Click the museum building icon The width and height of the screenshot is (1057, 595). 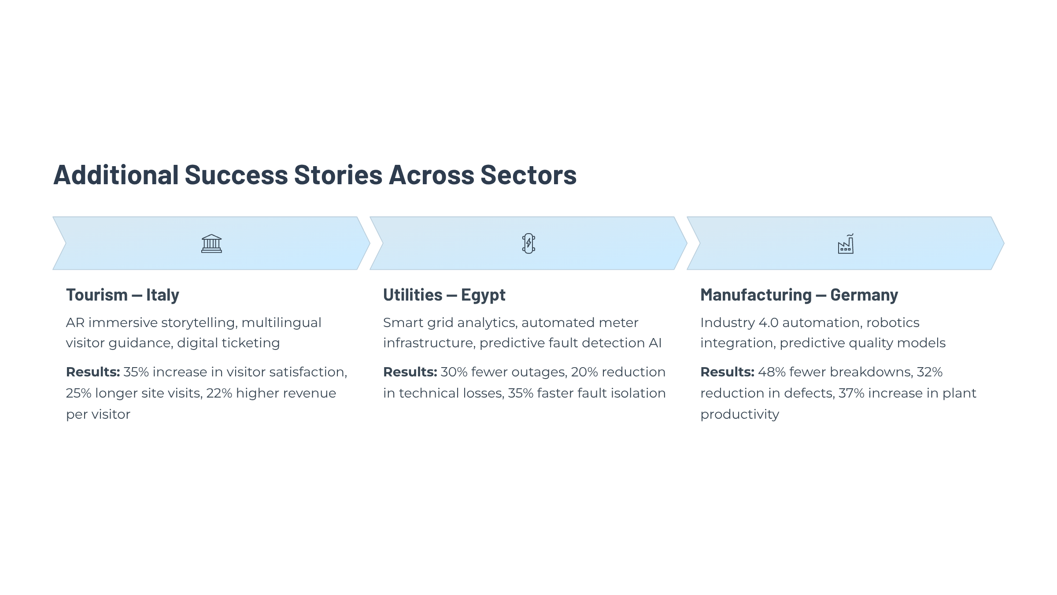click(211, 243)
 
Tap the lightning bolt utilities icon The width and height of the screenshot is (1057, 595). click(528, 243)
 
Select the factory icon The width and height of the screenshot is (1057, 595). click(846, 243)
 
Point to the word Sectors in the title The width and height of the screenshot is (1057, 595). click(528, 175)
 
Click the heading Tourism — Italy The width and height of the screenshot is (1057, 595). click(122, 295)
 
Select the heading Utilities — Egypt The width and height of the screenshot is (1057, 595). click(444, 295)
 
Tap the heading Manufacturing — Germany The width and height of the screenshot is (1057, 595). click(799, 295)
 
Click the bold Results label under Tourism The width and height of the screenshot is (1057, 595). click(93, 372)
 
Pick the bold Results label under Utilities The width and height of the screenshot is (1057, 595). click(410, 372)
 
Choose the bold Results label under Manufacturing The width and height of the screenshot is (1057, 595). click(727, 372)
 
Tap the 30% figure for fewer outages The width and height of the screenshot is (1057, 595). click(454, 372)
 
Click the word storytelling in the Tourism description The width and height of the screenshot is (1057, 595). click(200, 323)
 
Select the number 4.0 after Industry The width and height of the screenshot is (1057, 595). click(769, 323)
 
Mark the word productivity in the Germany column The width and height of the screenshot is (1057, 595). click(739, 415)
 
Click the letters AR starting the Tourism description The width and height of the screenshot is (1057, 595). click(75, 323)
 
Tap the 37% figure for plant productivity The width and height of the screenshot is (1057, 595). click(852, 393)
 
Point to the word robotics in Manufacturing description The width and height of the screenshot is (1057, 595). click(893, 323)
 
